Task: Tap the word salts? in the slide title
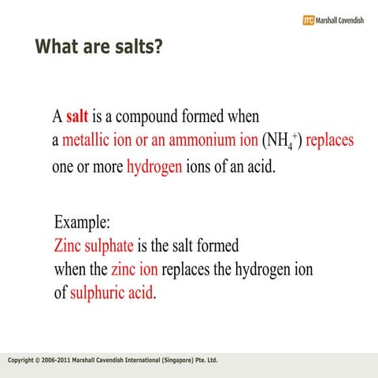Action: tap(136, 46)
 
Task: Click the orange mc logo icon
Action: tap(308, 20)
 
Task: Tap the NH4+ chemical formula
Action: tap(283, 143)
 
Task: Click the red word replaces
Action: tap(329, 142)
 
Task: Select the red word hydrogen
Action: tap(154, 167)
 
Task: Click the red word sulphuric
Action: tap(97, 295)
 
